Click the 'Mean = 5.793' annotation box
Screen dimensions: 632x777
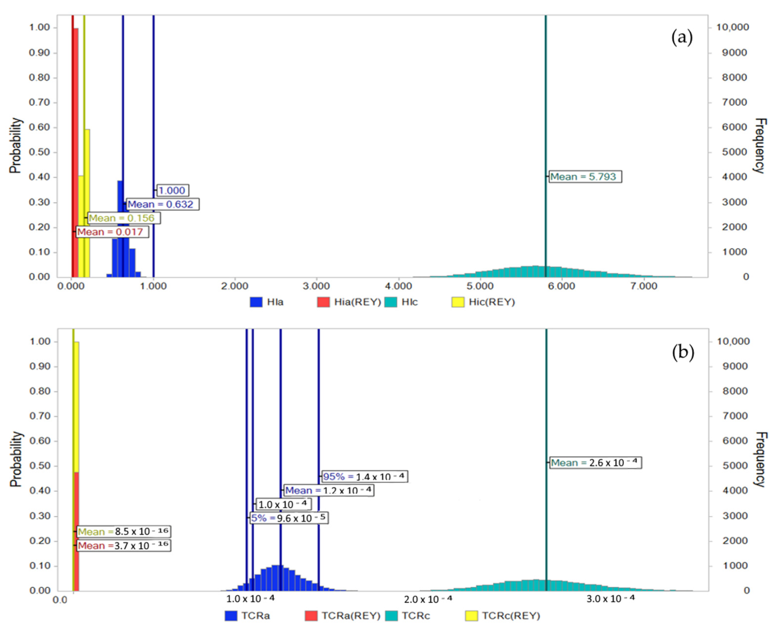585,176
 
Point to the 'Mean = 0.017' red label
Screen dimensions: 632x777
112,232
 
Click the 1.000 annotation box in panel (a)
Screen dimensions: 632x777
173,190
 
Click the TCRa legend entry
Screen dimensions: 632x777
248,616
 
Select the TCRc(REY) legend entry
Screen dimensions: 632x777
503,616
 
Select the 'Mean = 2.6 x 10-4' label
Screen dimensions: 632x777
595,463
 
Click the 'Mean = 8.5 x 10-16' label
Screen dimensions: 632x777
124,532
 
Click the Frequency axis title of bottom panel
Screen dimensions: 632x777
761,459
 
